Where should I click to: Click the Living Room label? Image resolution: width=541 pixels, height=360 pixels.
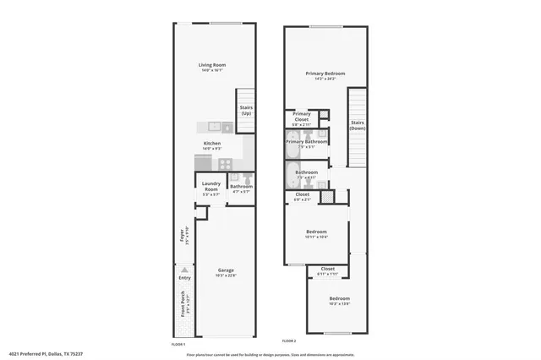212,65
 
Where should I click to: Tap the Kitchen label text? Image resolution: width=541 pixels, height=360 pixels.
212,144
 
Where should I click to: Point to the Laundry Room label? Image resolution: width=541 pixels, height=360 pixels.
211,186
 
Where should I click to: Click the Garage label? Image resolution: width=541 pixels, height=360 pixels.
226,270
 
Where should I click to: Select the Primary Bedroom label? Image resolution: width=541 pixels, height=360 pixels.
325,74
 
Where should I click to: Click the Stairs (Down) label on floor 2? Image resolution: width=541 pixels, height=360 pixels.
358,125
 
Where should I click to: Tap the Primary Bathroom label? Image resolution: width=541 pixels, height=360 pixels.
306,141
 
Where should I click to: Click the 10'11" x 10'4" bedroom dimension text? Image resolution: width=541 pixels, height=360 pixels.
316,237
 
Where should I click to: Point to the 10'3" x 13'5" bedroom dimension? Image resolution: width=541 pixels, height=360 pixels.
340,304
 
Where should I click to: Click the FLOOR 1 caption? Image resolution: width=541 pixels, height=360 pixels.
178,345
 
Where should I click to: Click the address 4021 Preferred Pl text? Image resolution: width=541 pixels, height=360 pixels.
46,354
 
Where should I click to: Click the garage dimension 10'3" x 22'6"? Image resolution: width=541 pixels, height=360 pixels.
226,275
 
